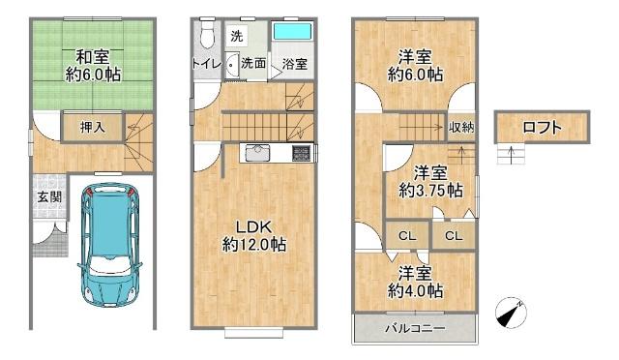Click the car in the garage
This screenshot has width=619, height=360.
[x=108, y=241]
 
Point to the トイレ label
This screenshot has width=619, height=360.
[x=204, y=63]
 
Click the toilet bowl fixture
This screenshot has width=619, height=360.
[x=203, y=36]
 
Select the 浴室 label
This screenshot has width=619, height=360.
[x=294, y=64]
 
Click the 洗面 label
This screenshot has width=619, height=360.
[x=254, y=63]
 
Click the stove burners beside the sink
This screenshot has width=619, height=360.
[x=301, y=152]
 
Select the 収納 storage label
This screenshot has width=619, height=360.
[x=461, y=127]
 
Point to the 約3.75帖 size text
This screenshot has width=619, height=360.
[x=430, y=191]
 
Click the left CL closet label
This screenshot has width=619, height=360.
[x=407, y=235]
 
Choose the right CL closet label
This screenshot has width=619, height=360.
[x=454, y=235]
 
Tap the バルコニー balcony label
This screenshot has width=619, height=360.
[x=415, y=329]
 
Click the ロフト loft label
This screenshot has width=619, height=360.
[x=542, y=127]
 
